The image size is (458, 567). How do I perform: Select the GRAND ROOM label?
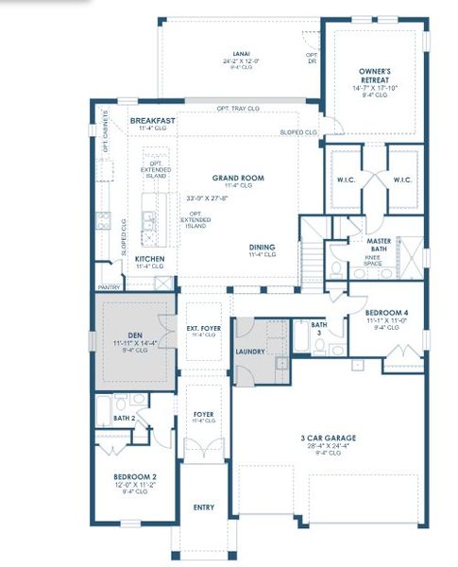[238, 178]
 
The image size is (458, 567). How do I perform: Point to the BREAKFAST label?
[153, 121]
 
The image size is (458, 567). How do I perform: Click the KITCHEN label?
[151, 258]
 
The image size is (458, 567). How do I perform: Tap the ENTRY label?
[203, 507]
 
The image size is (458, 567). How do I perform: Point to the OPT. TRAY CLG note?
[238, 109]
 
